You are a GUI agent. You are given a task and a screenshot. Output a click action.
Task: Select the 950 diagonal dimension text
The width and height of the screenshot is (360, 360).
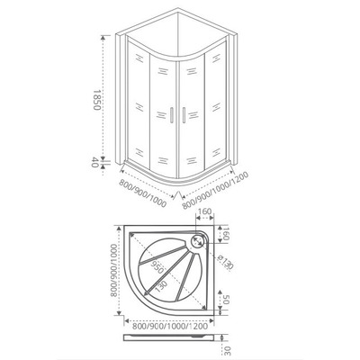157,265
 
